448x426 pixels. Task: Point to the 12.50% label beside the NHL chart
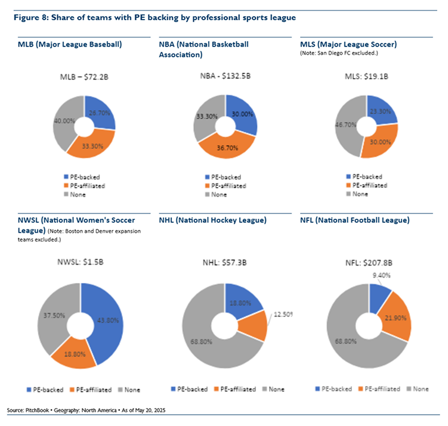[x=283, y=314]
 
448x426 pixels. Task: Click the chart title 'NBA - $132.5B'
[x=225, y=76]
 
